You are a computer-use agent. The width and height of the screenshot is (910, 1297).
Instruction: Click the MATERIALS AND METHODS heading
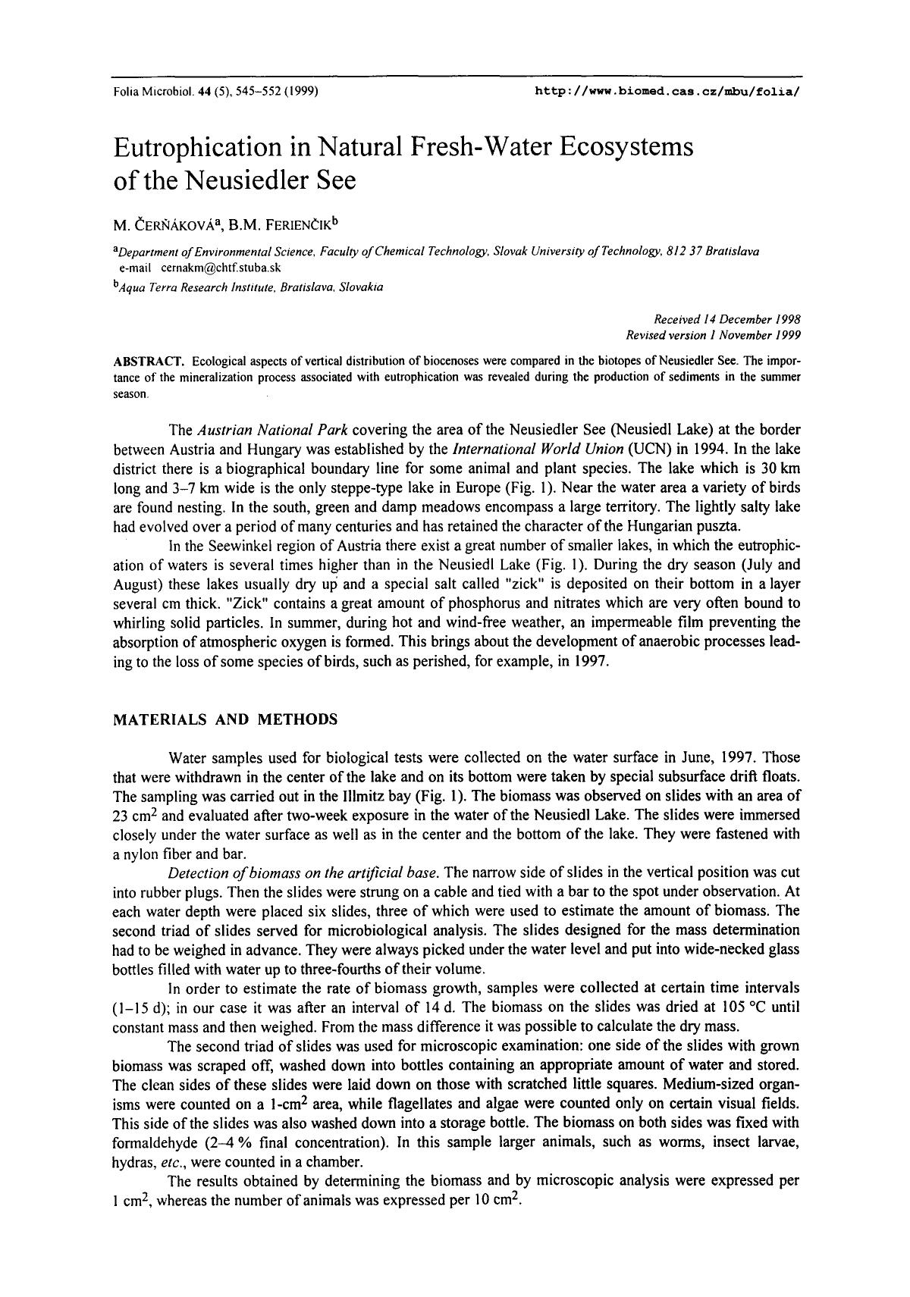click(224, 719)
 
